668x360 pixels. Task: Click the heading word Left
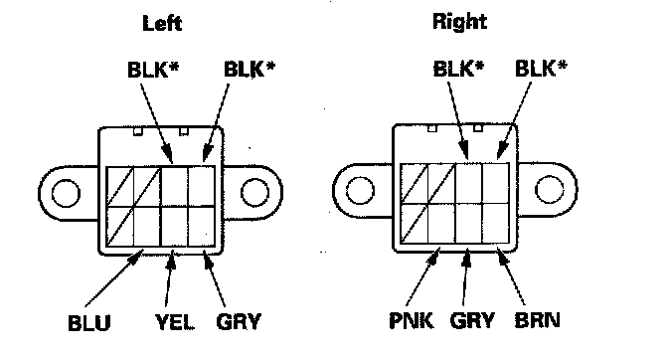point(162,23)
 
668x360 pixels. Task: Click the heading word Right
point(459,21)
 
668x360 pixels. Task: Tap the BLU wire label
point(89,323)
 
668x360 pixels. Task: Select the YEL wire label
point(175,322)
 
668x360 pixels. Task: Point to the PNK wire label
point(412,320)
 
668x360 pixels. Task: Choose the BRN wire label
point(537,320)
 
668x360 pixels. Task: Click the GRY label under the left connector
point(239,321)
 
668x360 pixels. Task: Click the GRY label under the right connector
point(472,320)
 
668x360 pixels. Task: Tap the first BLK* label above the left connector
point(153,70)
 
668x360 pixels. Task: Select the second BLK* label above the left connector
point(250,69)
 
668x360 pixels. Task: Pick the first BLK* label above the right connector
point(459,69)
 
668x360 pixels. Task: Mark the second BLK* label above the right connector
point(541,68)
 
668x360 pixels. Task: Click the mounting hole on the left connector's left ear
point(66,193)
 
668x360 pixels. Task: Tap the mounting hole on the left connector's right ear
point(254,192)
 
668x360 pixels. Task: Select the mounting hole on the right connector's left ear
point(360,190)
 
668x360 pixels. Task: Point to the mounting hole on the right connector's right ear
point(550,189)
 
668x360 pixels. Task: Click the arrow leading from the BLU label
point(114,278)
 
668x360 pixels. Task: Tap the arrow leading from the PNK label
point(423,276)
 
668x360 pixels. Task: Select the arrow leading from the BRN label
point(511,276)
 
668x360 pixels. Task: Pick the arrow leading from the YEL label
point(169,278)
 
